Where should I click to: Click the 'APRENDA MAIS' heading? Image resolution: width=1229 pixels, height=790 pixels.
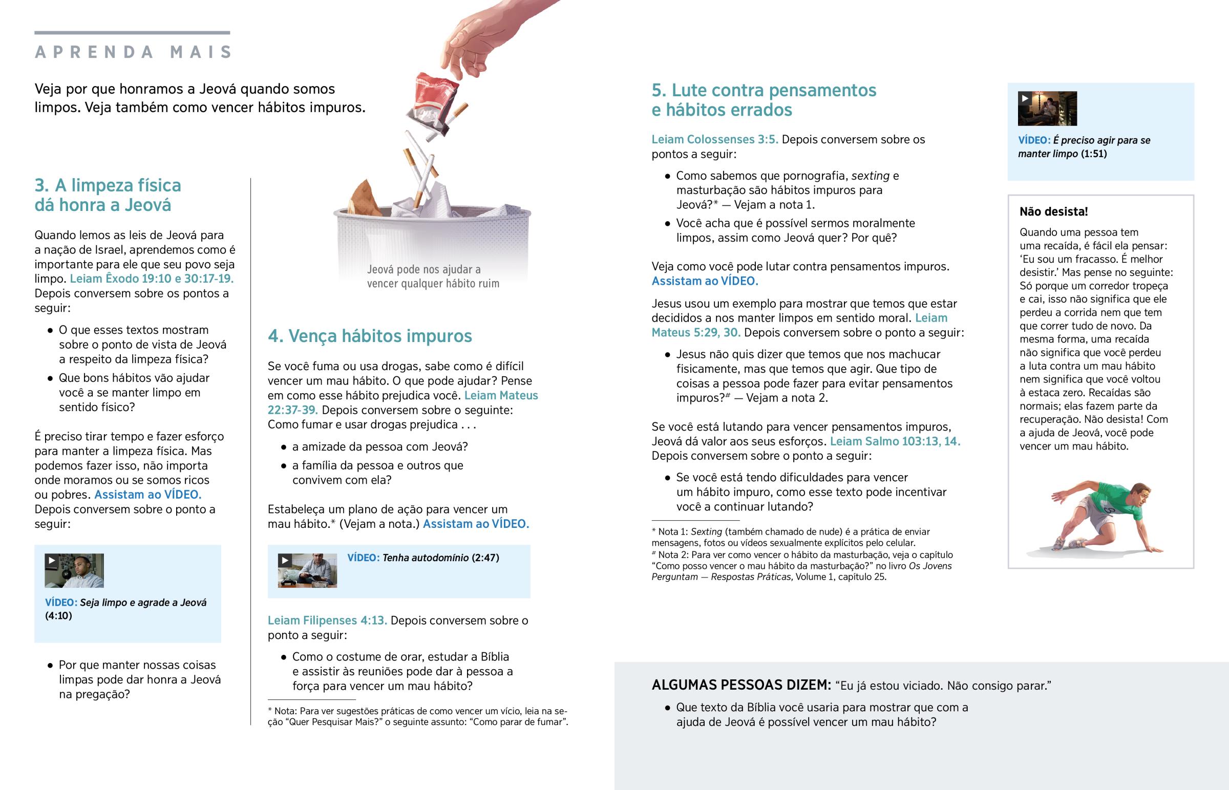133,52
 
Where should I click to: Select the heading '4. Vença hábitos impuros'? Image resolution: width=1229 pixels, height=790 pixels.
369,336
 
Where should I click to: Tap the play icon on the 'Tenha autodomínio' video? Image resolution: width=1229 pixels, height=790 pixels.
285,560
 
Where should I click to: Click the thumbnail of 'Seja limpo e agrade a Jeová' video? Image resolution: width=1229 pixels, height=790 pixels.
74,570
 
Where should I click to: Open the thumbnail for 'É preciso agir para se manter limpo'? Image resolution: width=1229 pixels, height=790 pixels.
1047,108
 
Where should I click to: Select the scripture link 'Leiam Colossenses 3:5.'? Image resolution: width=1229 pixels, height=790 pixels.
714,140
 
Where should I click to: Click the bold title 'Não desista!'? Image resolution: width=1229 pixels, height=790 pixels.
1053,211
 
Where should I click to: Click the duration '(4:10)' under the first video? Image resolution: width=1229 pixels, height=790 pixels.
58,615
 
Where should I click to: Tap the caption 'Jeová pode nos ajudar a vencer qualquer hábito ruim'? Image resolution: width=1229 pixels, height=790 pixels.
432,276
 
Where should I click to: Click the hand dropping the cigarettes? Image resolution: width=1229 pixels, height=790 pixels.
488,36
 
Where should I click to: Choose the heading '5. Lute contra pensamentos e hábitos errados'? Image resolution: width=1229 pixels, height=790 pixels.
763,100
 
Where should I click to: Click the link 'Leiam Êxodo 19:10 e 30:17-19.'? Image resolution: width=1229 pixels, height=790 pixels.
152,279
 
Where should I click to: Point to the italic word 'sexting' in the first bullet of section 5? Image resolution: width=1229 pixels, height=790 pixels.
870,176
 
